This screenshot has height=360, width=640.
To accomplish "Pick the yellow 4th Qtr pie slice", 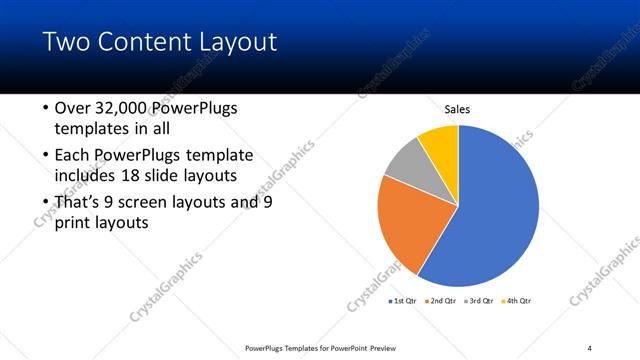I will (441, 143).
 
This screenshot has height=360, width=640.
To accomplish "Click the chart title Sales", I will (457, 109).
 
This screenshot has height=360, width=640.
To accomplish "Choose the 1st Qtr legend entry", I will (402, 300).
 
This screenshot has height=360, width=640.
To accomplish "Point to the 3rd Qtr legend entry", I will (479, 300).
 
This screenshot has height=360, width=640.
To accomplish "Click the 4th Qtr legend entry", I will (517, 300).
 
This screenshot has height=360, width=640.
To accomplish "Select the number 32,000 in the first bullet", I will (124, 108).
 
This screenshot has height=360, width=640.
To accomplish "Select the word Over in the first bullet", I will (74, 108).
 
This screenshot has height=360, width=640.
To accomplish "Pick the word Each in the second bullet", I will (74, 155).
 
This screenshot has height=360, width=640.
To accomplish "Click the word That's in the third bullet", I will (81, 202).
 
